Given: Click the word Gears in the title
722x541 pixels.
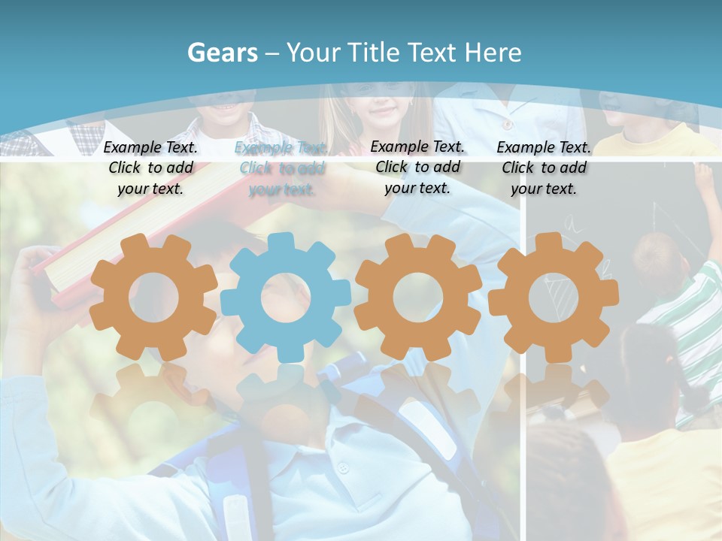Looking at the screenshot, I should (x=222, y=53).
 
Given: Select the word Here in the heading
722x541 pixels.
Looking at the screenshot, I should (x=493, y=53).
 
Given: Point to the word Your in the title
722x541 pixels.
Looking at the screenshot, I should (x=314, y=53).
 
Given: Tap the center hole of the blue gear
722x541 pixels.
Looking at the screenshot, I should (x=286, y=297).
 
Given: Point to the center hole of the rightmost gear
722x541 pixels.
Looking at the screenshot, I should (x=554, y=297).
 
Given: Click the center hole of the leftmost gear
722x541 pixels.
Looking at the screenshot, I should (x=153, y=297).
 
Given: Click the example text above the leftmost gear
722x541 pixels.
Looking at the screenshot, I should (x=150, y=168).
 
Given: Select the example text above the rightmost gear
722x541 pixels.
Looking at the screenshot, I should (x=544, y=168).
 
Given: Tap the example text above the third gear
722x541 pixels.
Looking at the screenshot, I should (x=417, y=167).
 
